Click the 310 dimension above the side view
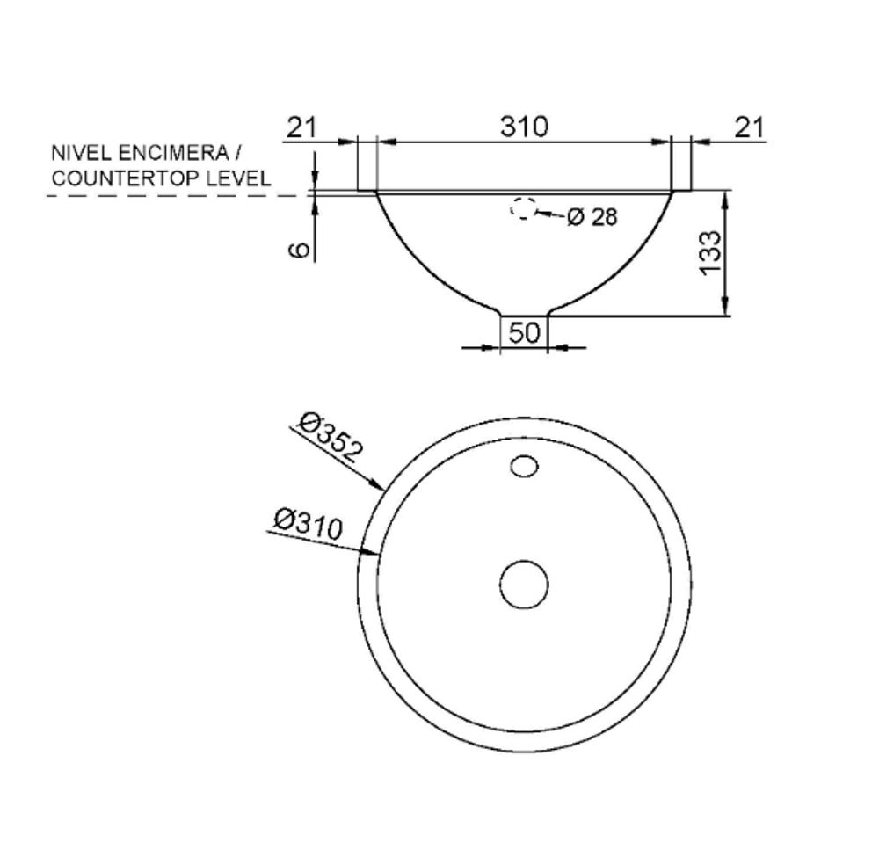[524, 127]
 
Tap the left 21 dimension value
[301, 127]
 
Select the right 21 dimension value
[750, 127]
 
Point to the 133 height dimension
[709, 253]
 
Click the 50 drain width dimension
[524, 333]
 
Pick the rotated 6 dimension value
[299, 250]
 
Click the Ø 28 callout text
[592, 216]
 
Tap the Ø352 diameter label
[331, 437]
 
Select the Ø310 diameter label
[308, 524]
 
